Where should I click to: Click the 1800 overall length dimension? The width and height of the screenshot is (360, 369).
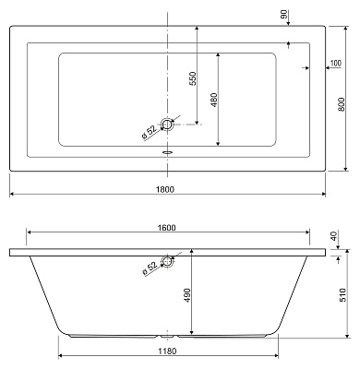[165, 189]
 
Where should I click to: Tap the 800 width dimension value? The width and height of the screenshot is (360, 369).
[342, 104]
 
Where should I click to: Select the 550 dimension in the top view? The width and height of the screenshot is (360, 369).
[192, 79]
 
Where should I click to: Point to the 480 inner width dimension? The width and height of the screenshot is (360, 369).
[214, 100]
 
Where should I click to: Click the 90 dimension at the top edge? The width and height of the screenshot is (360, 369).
[284, 14]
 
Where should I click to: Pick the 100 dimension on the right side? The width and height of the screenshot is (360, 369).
[336, 64]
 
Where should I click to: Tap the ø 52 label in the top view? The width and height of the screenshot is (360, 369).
[150, 132]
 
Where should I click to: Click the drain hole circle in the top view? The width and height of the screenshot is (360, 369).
[167, 125]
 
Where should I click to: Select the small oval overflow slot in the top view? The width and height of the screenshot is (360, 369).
[167, 152]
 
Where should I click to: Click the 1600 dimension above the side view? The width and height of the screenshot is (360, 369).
[166, 228]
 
